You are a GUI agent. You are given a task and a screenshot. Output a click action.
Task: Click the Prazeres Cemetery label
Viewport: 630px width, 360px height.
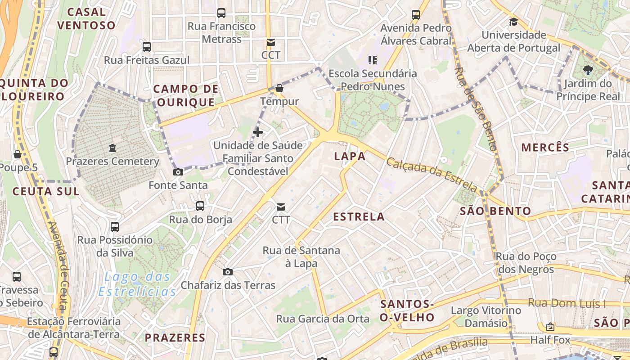coord(112,161)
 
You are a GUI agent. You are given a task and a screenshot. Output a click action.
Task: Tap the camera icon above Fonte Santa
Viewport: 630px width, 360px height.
coord(178,172)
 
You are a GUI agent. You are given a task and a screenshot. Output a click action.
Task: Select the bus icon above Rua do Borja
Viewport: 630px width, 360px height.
coord(200,206)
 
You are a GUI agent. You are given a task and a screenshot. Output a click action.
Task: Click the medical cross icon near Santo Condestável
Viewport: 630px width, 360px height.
coord(258,132)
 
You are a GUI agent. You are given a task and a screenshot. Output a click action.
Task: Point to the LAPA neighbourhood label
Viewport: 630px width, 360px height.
coord(350,156)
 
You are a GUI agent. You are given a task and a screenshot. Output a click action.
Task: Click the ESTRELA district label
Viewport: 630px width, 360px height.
coord(359,217)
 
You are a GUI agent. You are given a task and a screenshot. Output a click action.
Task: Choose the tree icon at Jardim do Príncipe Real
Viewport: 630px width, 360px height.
coord(587,70)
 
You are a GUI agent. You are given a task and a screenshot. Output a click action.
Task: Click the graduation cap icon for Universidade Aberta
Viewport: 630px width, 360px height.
coord(513,22)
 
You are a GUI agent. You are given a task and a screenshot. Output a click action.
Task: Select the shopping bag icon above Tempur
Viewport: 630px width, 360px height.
coord(279,88)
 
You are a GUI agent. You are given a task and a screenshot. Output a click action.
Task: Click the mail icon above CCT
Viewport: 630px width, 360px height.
coord(270,42)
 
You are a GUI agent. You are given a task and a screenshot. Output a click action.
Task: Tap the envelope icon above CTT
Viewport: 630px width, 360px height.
coord(281,207)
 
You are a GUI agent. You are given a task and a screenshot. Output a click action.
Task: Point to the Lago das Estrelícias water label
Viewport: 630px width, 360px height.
coord(137,284)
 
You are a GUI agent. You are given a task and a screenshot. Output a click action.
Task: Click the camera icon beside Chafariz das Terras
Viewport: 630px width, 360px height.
coord(228,272)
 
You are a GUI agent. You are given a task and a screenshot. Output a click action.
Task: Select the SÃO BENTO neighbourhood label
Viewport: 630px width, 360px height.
coord(495,211)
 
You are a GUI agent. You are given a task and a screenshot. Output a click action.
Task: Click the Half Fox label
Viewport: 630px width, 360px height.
coord(550,340)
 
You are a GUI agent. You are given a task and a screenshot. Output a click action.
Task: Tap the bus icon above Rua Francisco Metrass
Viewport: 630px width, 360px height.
coord(221,13)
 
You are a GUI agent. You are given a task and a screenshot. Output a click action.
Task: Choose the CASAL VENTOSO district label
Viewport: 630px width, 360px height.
coord(86,18)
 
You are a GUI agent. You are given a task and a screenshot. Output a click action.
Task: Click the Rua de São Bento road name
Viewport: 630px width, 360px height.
coord(475,108)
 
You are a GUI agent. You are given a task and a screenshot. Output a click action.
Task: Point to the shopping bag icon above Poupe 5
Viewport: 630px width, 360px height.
coord(18,154)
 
